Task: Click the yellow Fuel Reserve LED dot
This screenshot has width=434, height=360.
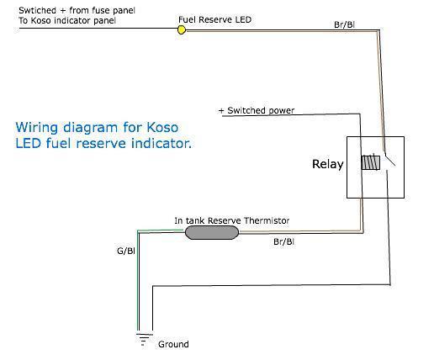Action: pyautogui.click(x=182, y=29)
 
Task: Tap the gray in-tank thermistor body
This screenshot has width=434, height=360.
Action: pyautogui.click(x=212, y=233)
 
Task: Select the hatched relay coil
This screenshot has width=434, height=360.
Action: pyautogui.click(x=371, y=162)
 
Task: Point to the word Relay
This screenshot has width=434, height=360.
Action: pyautogui.click(x=328, y=164)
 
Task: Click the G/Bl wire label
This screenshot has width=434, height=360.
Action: pyautogui.click(x=126, y=251)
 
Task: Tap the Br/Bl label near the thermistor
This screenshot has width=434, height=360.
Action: pyautogui.click(x=283, y=241)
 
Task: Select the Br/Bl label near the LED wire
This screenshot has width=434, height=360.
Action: pyautogui.click(x=344, y=24)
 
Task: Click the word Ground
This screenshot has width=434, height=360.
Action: pyautogui.click(x=173, y=344)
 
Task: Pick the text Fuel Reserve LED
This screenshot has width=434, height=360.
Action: pyautogui.click(x=214, y=19)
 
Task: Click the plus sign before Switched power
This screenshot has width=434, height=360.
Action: pyautogui.click(x=221, y=110)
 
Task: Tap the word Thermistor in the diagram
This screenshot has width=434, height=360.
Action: pyautogui.click(x=266, y=220)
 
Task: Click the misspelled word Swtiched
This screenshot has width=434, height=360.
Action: pyautogui.click(x=37, y=10)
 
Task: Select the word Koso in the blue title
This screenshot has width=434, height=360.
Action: pyautogui.click(x=162, y=128)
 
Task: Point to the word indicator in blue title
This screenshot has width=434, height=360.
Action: pyautogui.click(x=161, y=143)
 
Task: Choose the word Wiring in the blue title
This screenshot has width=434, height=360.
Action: pyautogui.click(x=37, y=128)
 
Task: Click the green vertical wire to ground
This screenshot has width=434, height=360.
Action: pyautogui.click(x=138, y=280)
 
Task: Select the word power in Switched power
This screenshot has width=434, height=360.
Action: pyautogui.click(x=282, y=111)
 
